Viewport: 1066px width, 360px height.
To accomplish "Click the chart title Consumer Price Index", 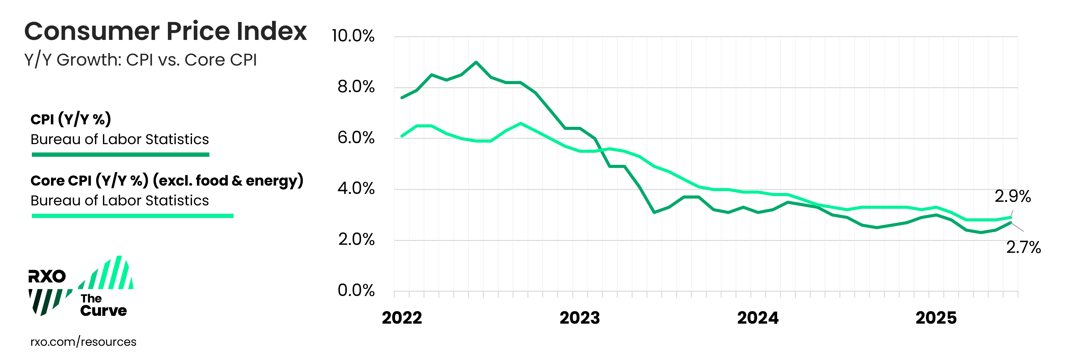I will (x=165, y=32).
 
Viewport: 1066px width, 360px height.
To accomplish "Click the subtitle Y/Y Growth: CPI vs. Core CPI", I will (x=141, y=60).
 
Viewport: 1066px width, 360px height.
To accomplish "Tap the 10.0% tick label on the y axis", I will (x=353, y=36).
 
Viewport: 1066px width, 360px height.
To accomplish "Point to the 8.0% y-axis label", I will (x=356, y=87).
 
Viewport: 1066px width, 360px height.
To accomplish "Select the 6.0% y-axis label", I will (x=356, y=138).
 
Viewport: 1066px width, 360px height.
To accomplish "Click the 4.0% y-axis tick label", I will (x=356, y=189).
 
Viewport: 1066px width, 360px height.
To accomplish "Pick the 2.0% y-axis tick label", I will (x=356, y=240).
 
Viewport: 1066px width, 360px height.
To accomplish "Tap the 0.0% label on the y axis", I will (x=356, y=290).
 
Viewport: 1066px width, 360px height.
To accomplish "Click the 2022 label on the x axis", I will (x=402, y=318).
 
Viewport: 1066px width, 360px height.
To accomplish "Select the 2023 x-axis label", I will (x=579, y=318).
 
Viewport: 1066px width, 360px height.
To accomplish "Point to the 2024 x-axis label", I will (x=758, y=318).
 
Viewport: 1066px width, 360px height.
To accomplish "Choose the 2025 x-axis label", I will (x=936, y=318).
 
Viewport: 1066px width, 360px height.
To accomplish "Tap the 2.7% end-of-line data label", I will (x=1023, y=247).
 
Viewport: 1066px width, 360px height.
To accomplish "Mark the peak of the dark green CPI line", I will (x=476, y=62).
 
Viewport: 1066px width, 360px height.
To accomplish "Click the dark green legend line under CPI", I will (x=121, y=155).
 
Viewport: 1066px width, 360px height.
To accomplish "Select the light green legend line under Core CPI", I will (x=132, y=216).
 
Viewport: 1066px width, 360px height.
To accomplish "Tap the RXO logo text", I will (x=47, y=276).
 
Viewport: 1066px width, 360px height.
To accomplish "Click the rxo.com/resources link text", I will (x=83, y=342).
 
